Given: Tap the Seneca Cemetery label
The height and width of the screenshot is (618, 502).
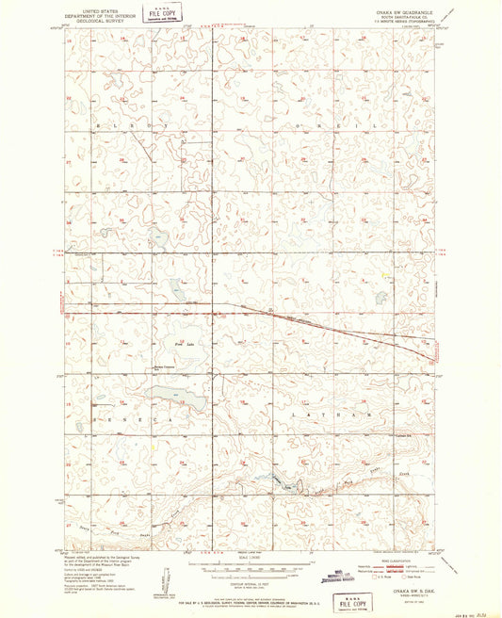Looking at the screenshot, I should click(165, 366).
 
